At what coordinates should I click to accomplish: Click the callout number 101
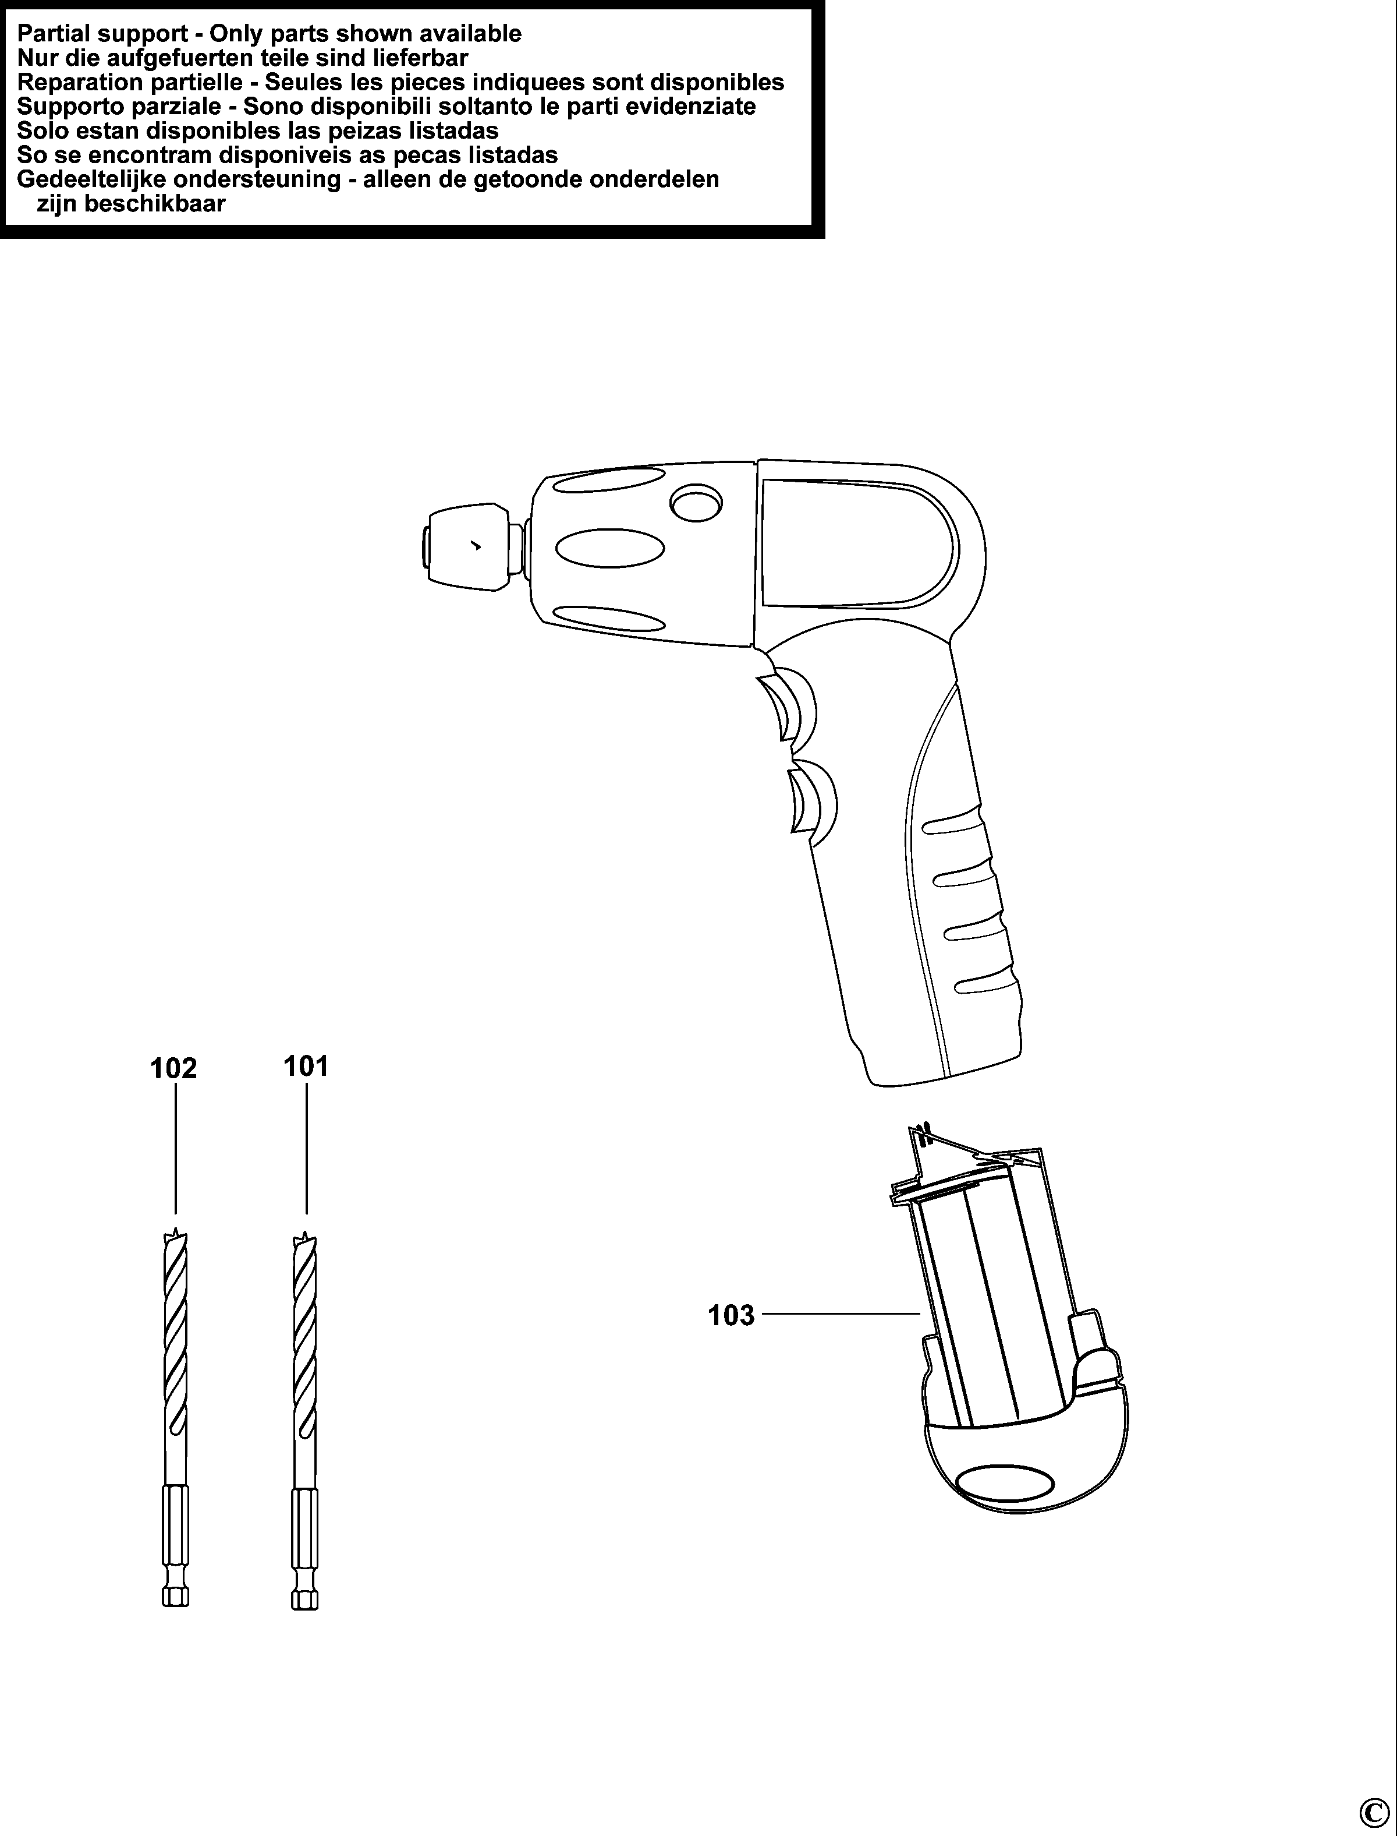[x=306, y=1066]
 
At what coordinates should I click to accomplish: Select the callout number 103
[x=731, y=1315]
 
